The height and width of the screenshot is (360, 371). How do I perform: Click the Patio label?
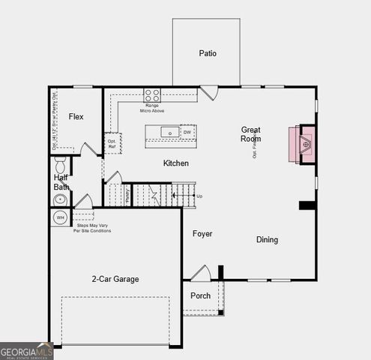[x=208, y=53]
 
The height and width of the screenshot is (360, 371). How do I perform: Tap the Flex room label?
[x=76, y=117]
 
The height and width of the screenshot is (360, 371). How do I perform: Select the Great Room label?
[x=250, y=134]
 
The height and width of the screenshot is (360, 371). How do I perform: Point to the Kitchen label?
[x=176, y=163]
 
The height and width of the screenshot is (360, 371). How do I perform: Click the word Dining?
[x=267, y=240]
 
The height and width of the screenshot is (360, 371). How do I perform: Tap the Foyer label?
[x=202, y=234]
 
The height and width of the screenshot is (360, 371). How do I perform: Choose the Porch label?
[x=200, y=295]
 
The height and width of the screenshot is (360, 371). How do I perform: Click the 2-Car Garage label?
[x=115, y=279]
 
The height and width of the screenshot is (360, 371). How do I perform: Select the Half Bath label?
[x=61, y=182]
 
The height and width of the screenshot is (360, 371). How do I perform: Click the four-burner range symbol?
[x=152, y=95]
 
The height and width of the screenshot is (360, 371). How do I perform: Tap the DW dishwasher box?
[x=187, y=133]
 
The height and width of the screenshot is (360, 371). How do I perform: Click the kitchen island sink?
[x=170, y=133]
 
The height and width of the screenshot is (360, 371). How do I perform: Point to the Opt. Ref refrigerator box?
[x=112, y=142]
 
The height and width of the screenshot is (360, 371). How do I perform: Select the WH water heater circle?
[x=61, y=218]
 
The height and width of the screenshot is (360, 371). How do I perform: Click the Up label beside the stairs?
[x=199, y=196]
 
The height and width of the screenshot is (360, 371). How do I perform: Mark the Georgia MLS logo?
[x=27, y=351]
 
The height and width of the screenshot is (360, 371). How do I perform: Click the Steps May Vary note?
[x=92, y=227]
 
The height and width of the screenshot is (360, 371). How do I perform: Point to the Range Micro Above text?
[x=152, y=108]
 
